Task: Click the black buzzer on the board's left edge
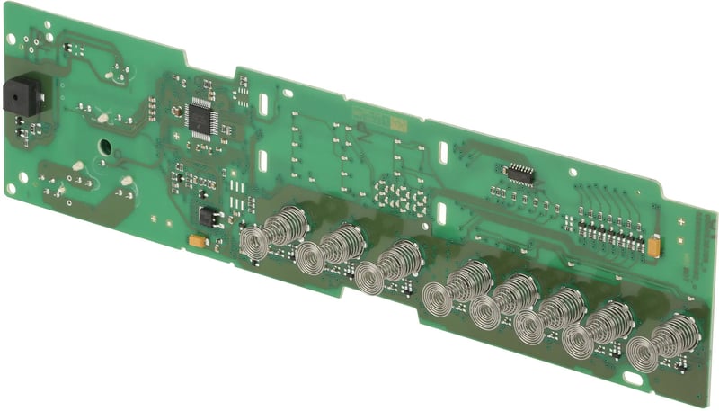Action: pyautogui.click(x=16, y=96)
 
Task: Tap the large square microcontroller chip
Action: pyautogui.click(x=202, y=118)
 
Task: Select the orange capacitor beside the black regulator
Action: pyautogui.click(x=194, y=240)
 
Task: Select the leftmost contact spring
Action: pyautogui.click(x=268, y=232)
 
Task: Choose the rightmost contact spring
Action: pyautogui.click(x=654, y=345)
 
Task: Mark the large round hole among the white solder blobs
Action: pyautogui.click(x=105, y=145)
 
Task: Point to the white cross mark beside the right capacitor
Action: pyautogui.click(x=679, y=220)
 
